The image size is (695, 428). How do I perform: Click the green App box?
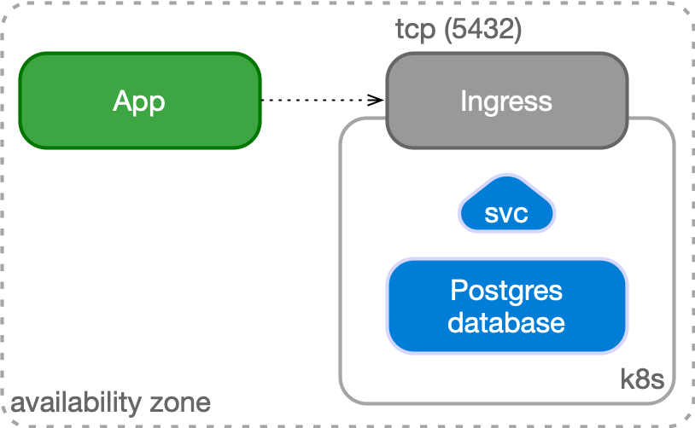tap(139, 101)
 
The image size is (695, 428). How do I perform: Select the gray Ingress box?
tap(506, 101)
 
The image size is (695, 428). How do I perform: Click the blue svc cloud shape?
tap(506, 209)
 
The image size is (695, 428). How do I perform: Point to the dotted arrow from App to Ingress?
tap(320, 101)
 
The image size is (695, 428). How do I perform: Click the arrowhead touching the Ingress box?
tap(377, 101)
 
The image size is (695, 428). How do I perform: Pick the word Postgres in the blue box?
tap(506, 291)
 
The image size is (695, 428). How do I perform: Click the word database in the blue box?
tap(506, 322)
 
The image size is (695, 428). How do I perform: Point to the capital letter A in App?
tap(122, 101)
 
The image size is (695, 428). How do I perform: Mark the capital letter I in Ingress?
tap(463, 101)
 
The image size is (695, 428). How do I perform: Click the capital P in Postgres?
tap(458, 291)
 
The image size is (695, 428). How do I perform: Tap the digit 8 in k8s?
tap(641, 379)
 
